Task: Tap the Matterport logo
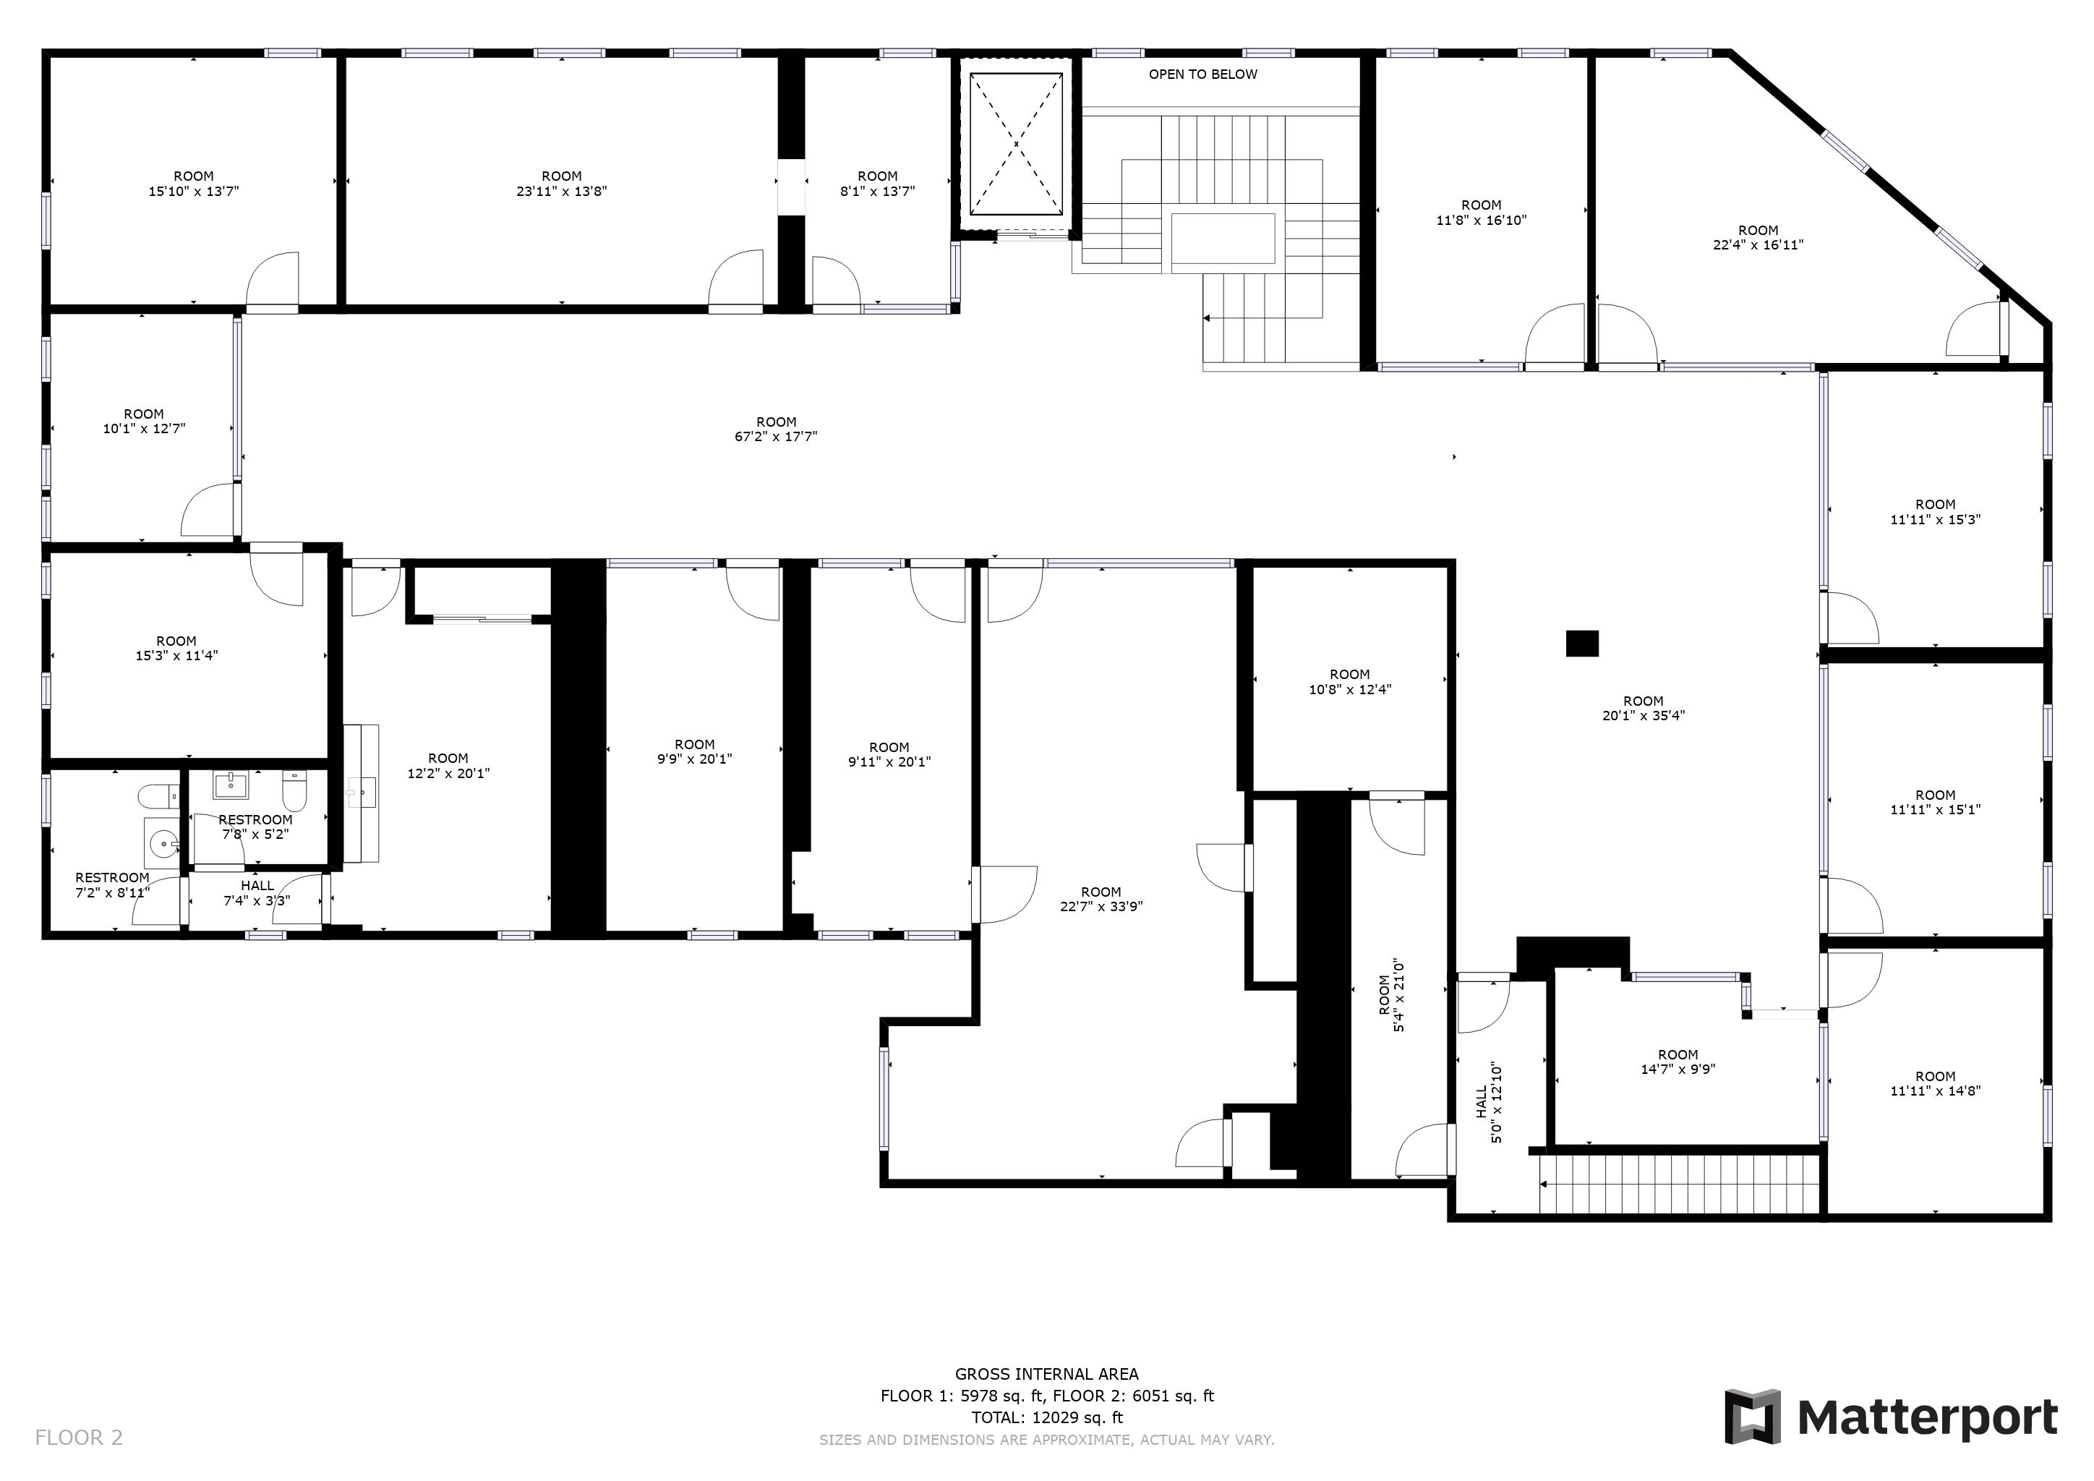pos(1891,1417)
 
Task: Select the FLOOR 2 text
pos(78,1438)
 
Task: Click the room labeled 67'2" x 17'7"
pos(776,430)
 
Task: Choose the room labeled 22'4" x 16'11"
pos(1758,238)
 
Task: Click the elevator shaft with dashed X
pos(1016,143)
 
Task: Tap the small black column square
pos(1582,644)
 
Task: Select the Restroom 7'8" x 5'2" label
pos(255,827)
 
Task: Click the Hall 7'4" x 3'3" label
pos(257,893)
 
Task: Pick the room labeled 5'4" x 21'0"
pos(1391,995)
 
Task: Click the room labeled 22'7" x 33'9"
pos(1101,899)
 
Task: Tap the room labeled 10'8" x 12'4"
pos(1350,682)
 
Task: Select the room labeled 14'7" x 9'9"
pos(1678,1062)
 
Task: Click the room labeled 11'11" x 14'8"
pos(1936,1083)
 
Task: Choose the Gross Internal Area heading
pos(1047,1373)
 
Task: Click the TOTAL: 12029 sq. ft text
pos(1047,1417)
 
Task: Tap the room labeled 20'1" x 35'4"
pos(1644,709)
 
